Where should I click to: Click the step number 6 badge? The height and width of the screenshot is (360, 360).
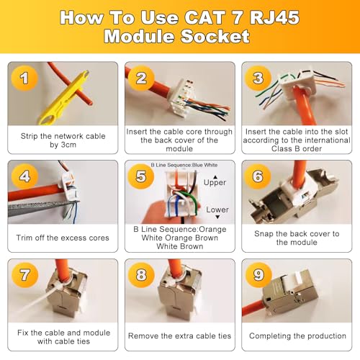[x=258, y=176]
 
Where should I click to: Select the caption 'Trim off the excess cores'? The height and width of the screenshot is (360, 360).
[x=63, y=238]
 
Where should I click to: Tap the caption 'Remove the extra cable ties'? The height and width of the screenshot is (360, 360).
[x=179, y=336]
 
